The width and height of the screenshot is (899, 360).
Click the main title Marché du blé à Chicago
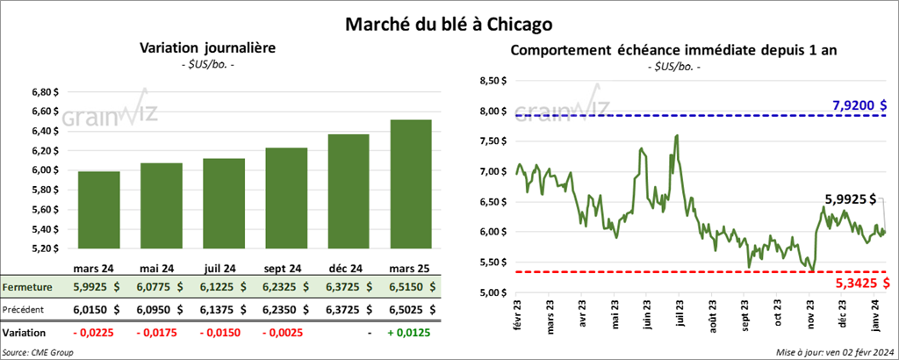click(x=449, y=19)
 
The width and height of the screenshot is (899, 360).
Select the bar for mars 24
click(x=98, y=210)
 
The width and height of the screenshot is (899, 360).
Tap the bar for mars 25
click(x=411, y=184)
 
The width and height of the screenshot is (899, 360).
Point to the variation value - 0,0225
click(x=99, y=334)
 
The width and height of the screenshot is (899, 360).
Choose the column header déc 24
click(x=349, y=268)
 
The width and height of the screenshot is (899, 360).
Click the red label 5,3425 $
click(x=859, y=283)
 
